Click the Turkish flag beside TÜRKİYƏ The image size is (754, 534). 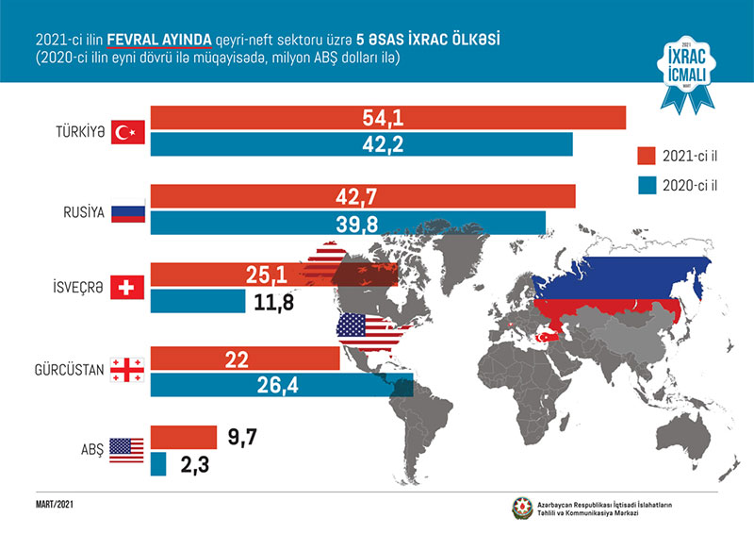pyautogui.click(x=124, y=132)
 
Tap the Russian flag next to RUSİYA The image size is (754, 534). pyautogui.click(x=124, y=212)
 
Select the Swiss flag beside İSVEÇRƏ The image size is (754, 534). pyautogui.click(x=124, y=288)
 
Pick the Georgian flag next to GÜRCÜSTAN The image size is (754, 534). pyautogui.click(x=124, y=370)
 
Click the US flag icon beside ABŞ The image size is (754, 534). pyautogui.click(x=124, y=449)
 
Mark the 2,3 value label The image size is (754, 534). pyautogui.click(x=194, y=464)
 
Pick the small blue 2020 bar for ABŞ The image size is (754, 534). pyautogui.click(x=158, y=464)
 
